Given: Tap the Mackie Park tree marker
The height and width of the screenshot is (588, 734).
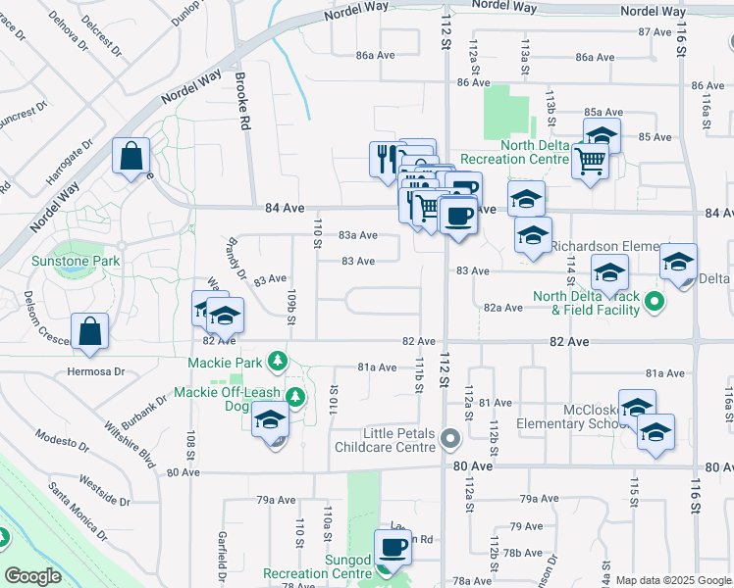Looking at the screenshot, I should pyautogui.click(x=278, y=363).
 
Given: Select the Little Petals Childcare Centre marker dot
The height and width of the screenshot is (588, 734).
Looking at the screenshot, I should pyautogui.click(x=450, y=438).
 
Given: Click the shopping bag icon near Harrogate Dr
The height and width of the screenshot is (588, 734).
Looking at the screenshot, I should pyautogui.click(x=131, y=156).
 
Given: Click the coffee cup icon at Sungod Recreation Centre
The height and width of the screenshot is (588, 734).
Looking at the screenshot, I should pyautogui.click(x=393, y=547).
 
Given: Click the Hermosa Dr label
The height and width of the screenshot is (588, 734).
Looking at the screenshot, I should pyautogui.click(x=97, y=371).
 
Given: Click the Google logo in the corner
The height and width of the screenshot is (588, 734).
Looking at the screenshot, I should pyautogui.click(x=32, y=576).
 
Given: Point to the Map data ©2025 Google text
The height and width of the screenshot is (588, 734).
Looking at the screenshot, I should pyautogui.click(x=673, y=580).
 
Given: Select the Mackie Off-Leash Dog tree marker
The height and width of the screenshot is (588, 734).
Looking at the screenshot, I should pyautogui.click(x=294, y=397).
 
